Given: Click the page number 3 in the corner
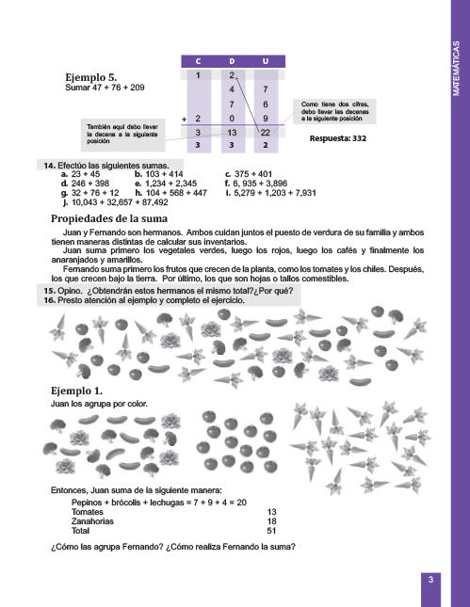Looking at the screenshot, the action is (x=430, y=580).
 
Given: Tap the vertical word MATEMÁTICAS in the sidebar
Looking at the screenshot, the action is (x=456, y=69).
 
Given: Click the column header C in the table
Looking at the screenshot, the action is (x=198, y=61).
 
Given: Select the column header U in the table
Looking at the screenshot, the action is (x=266, y=61).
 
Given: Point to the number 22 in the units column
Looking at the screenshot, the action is (x=265, y=133).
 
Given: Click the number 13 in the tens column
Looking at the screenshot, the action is (x=232, y=133).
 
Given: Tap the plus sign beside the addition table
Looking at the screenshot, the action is (x=184, y=119).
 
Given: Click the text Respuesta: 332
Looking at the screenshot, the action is (x=337, y=138).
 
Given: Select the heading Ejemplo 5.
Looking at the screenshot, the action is (x=91, y=77).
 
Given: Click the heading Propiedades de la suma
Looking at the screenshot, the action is (x=109, y=218).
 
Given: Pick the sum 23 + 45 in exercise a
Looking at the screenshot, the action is (x=86, y=174).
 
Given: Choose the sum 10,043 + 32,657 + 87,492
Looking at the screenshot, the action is (x=120, y=202).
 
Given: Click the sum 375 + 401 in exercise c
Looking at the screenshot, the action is (x=253, y=174).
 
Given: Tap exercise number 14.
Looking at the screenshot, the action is (x=49, y=166).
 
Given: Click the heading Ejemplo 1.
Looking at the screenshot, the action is (x=76, y=391).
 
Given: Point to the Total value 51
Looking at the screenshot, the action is (x=271, y=531).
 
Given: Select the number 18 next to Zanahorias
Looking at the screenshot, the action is (x=271, y=521).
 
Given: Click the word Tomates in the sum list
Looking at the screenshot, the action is (x=88, y=512).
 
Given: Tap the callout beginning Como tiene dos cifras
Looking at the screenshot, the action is (x=334, y=111).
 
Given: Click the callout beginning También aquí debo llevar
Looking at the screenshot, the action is (x=122, y=135).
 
